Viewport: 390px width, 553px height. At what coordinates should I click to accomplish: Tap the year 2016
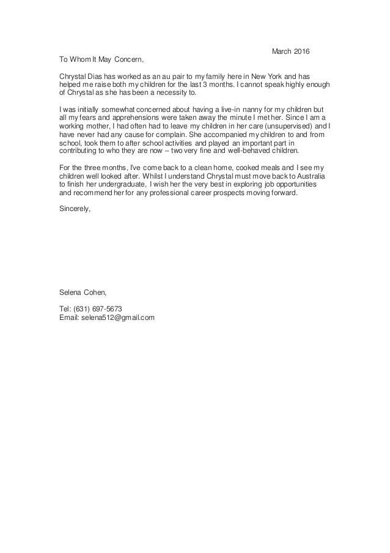coord(302,51)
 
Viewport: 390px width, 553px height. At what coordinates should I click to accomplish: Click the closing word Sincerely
coord(74,209)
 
